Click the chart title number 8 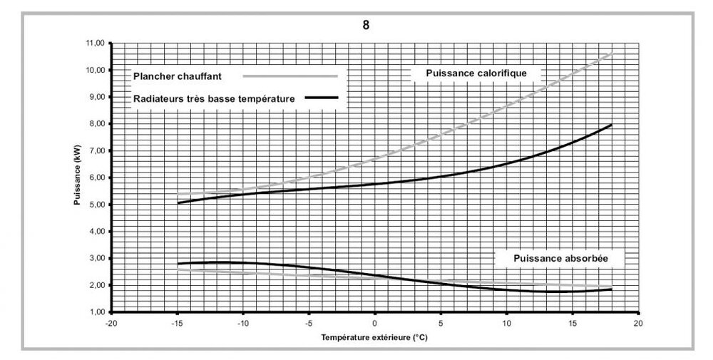click(366, 26)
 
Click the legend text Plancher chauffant click(178, 76)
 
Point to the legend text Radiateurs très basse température click(214, 98)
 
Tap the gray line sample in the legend click(289, 76)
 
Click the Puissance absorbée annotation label click(560, 257)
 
